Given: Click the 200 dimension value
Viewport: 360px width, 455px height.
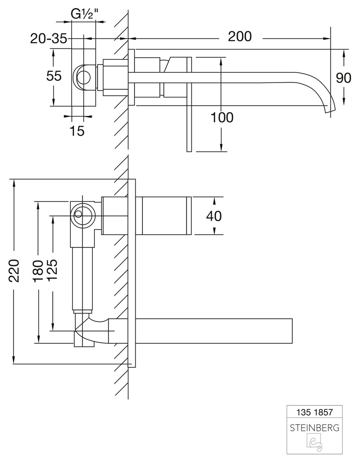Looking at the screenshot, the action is coord(239,37).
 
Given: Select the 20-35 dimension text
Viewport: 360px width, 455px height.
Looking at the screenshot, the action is coord(49,39).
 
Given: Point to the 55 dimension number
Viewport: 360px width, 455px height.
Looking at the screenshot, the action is coord(54,76).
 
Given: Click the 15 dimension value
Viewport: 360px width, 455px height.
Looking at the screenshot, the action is coord(77,131).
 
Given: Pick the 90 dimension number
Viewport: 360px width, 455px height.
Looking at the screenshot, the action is coord(344,78).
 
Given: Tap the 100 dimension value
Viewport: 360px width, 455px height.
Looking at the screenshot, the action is coord(222,118).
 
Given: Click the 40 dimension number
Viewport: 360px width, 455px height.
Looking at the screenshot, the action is coord(214,216).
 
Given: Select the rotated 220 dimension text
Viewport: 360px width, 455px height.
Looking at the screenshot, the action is coord(14,271).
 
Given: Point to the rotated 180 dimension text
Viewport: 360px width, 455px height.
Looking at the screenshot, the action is coord(38,271).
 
